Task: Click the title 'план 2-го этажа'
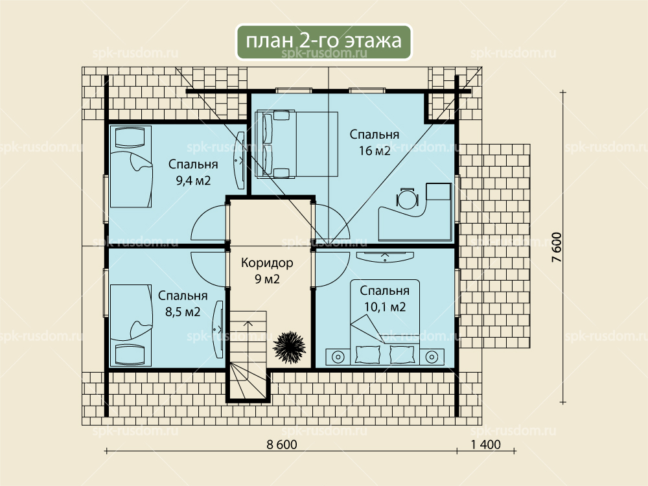coord(323,41)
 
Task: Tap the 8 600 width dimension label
coord(282,445)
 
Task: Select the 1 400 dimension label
coord(485,445)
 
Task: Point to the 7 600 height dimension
coord(557,248)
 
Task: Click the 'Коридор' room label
coord(267,263)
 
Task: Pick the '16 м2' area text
coord(375,151)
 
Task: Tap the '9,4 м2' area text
coord(193,181)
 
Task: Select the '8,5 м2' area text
coord(183,312)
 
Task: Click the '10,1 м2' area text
coord(385,307)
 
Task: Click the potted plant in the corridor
coord(289,347)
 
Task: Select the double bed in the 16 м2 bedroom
coord(296,145)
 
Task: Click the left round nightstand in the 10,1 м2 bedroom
coord(338,356)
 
